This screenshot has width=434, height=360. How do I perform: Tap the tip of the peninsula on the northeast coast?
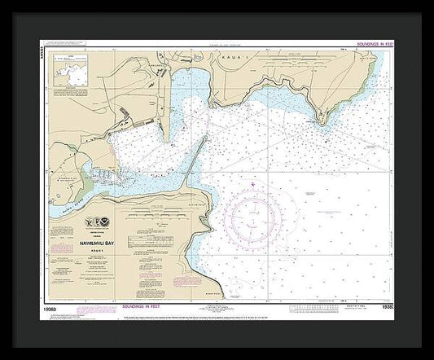(x=323, y=122)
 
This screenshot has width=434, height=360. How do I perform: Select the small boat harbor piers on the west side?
(x=102, y=175)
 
